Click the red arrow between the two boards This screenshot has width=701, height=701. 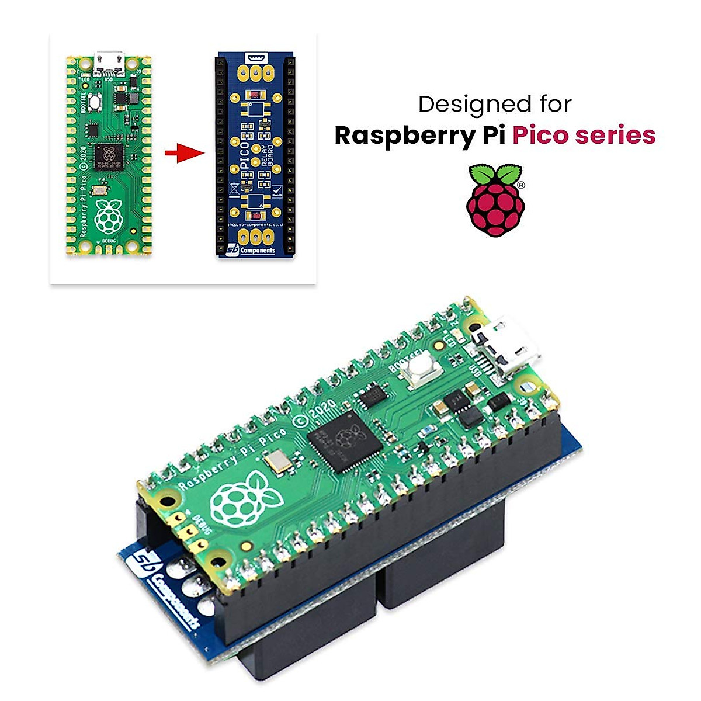[184, 154]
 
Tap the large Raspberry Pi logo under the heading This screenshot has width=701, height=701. [495, 200]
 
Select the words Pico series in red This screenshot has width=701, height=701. [584, 135]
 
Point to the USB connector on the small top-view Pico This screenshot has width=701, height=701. [109, 60]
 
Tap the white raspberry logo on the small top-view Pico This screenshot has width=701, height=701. [109, 214]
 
